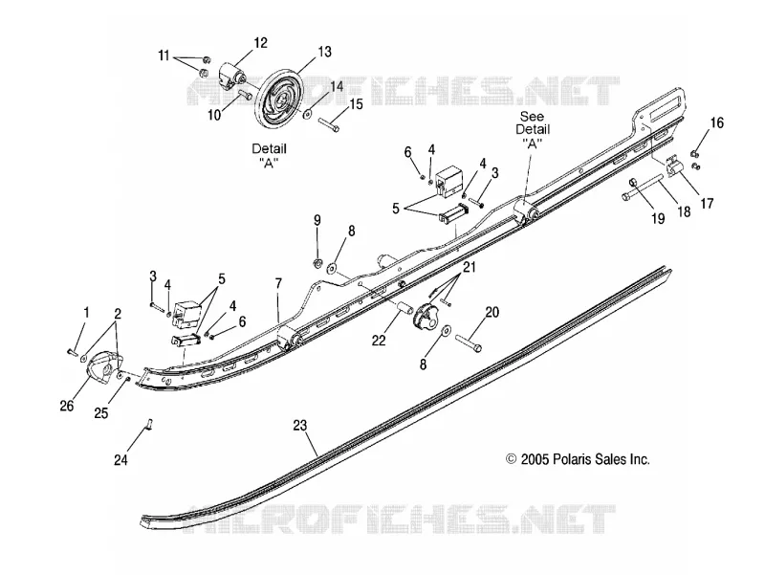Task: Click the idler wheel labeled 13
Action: (279, 98)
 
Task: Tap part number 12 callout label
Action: (260, 43)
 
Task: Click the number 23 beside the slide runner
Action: (300, 425)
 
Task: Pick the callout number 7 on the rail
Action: (278, 283)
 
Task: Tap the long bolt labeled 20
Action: (469, 343)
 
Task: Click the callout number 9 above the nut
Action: (317, 220)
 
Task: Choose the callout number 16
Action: (716, 122)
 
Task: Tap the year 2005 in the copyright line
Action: (535, 459)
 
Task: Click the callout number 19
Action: (658, 218)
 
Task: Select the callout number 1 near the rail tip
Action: (86, 313)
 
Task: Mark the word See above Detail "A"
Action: (532, 117)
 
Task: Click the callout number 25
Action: (101, 412)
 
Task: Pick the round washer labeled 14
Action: (308, 113)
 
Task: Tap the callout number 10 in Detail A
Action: (214, 115)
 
